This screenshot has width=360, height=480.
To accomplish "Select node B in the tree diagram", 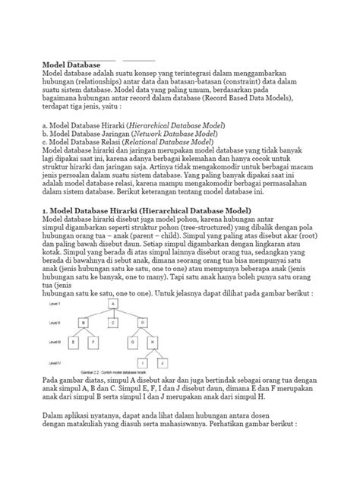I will (x=83, y=322).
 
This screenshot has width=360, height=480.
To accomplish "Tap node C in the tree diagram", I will (x=112, y=322).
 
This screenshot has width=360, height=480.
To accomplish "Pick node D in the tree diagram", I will (x=143, y=322).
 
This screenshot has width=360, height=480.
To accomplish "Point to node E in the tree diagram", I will (x=73, y=343).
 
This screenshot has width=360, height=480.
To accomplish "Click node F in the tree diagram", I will (x=93, y=343).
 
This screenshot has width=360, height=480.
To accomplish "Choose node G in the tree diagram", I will (x=133, y=343).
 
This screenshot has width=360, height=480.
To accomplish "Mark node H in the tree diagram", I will (x=153, y=343).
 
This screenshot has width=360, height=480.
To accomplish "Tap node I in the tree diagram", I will (x=143, y=362).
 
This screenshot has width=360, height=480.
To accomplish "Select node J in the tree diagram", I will (x=163, y=362).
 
